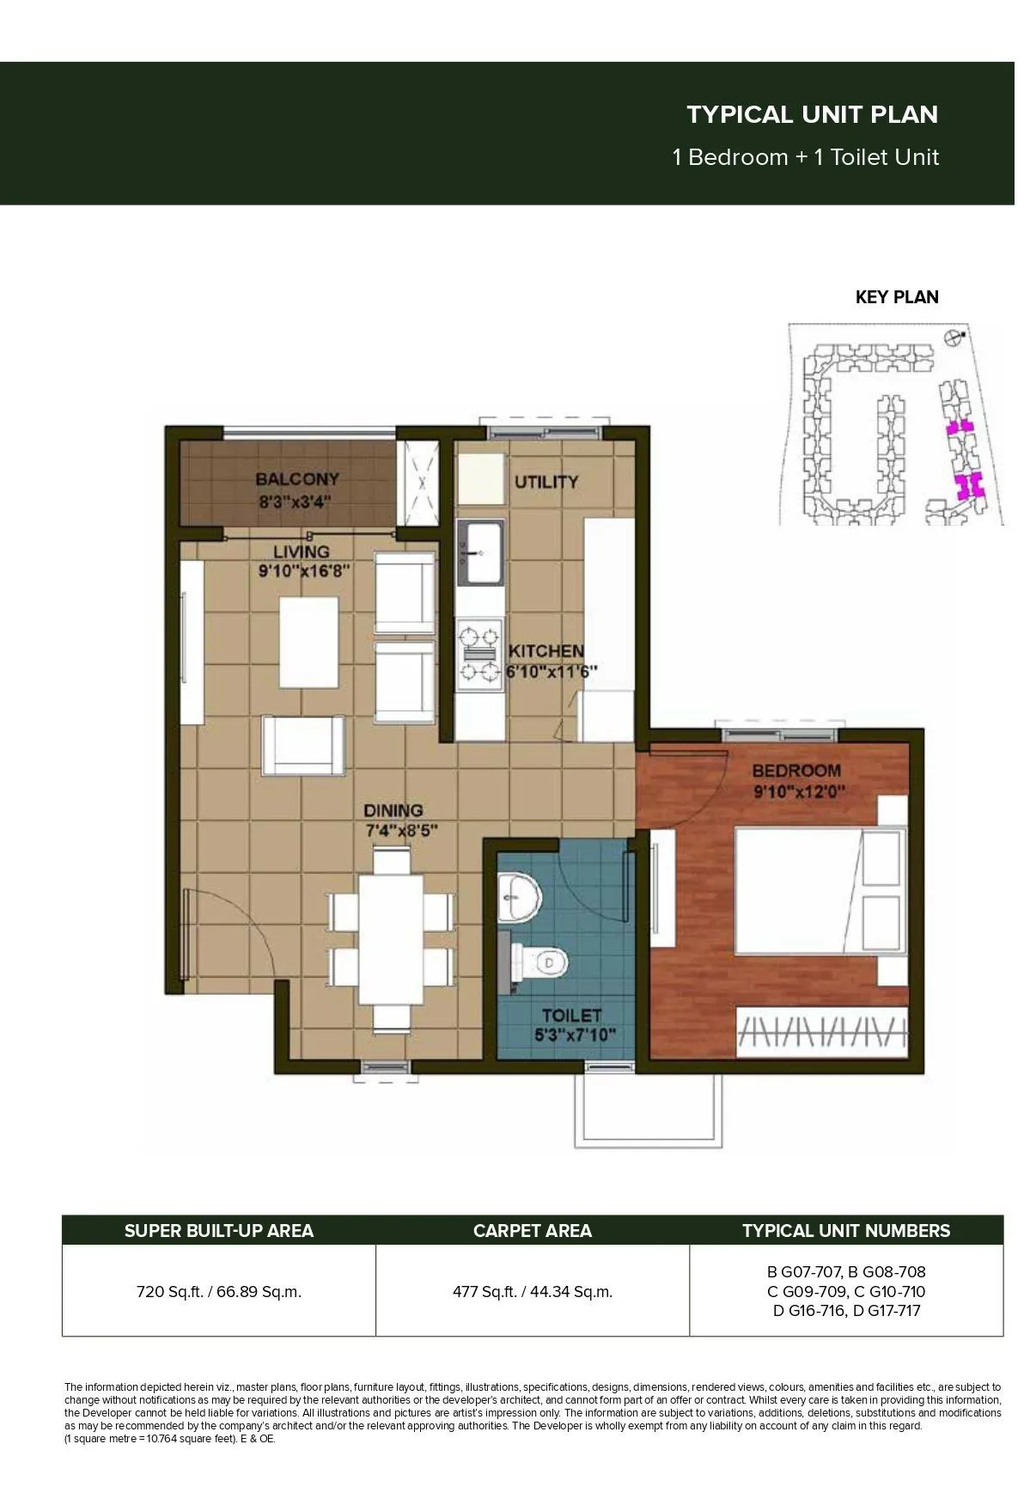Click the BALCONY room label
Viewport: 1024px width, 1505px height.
(297, 479)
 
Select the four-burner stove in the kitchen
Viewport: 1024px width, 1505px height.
(480, 653)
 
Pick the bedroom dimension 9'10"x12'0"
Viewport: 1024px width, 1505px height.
(800, 791)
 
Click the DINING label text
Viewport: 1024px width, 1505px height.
(393, 810)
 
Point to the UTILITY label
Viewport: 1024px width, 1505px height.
(546, 482)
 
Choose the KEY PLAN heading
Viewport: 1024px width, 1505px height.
(897, 297)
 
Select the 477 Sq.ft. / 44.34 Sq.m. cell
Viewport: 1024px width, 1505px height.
(533, 1292)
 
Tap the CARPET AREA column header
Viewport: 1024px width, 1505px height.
(533, 1231)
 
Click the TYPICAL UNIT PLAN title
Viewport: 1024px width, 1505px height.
(812, 114)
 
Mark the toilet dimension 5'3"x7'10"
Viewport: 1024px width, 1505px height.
(575, 1035)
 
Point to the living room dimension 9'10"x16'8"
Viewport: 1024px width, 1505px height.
(304, 570)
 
